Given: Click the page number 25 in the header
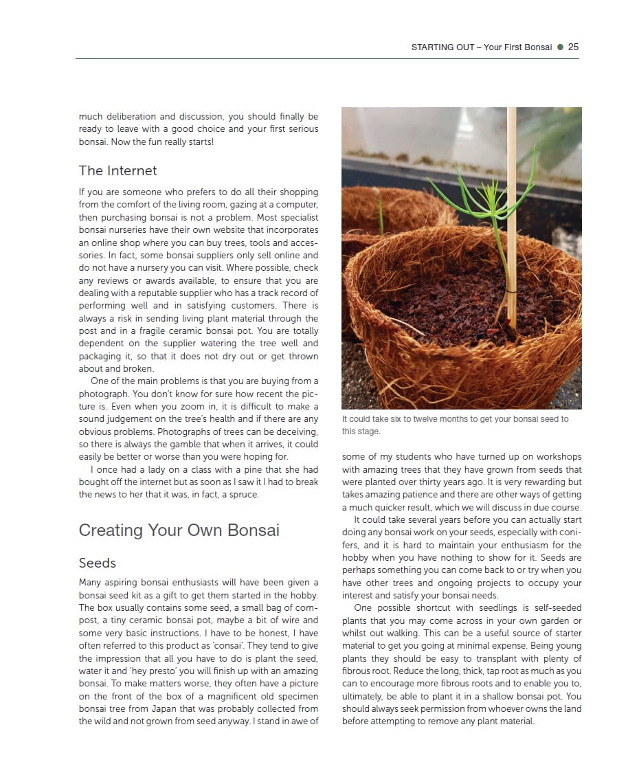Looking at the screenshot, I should pos(573,47).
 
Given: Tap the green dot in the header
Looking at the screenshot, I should pos(560,47).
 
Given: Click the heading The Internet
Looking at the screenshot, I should pos(117,170).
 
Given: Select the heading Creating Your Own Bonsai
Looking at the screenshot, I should pos(179,530).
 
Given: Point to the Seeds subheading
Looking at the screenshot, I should pos(98,563).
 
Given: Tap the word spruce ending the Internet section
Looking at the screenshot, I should pos(244,495).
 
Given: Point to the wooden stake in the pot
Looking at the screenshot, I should pos(511,206).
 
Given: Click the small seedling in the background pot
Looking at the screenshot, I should pos(380,213).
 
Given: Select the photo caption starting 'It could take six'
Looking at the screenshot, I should pos(455,425).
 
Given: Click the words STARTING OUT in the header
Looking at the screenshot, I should pos(442,47).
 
